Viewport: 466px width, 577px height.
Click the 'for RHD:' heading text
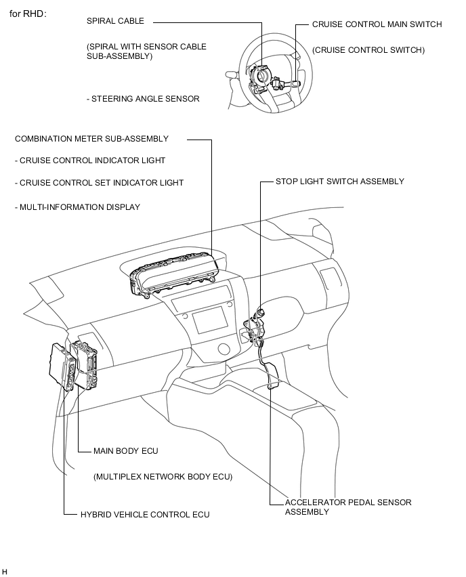click(x=28, y=14)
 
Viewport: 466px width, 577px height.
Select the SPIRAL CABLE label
click(x=115, y=21)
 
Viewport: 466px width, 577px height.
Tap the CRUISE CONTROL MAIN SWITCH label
click(x=377, y=24)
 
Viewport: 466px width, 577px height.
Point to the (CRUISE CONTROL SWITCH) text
click(x=368, y=50)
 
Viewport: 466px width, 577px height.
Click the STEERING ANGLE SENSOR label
click(x=143, y=99)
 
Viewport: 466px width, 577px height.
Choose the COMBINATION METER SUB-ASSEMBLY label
click(x=91, y=139)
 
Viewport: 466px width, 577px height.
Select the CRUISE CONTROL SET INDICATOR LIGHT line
click(x=99, y=183)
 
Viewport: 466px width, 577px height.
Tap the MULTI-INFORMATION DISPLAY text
click(x=77, y=207)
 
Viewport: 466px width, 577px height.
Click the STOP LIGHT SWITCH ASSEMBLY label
click(x=339, y=181)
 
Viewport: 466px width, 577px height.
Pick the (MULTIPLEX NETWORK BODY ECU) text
click(x=163, y=477)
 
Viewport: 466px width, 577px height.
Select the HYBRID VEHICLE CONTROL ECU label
click(x=144, y=515)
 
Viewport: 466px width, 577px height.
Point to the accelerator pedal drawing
click(x=272, y=375)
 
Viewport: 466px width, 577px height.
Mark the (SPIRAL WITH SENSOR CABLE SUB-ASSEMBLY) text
click(x=146, y=51)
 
